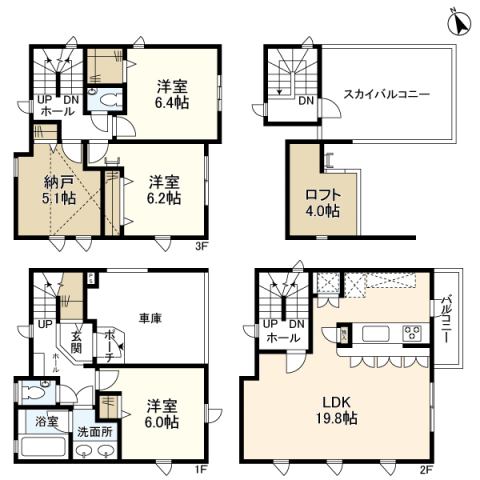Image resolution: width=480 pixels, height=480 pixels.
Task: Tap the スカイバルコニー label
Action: [x=386, y=94]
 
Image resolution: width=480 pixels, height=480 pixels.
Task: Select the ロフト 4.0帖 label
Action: [x=323, y=203]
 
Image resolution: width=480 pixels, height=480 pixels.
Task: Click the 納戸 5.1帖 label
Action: [x=59, y=190]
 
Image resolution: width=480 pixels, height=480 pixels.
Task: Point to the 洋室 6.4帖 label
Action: [x=172, y=94]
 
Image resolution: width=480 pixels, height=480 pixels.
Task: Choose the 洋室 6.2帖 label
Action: [x=164, y=190]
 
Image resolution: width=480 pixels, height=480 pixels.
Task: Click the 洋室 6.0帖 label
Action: [x=162, y=414]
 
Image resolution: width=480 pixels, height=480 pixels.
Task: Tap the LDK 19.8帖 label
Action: [x=336, y=410]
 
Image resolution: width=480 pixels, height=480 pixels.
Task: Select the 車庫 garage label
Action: [x=150, y=318]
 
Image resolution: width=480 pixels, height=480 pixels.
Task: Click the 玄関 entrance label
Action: [x=76, y=343]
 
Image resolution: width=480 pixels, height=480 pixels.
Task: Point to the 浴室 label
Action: [x=47, y=422]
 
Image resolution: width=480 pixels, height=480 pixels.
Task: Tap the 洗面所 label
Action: [x=95, y=432]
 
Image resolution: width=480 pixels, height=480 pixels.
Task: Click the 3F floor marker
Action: [x=201, y=247]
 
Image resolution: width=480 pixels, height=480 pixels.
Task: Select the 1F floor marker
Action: [x=201, y=470]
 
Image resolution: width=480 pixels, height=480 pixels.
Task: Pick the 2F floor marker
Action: [x=426, y=470]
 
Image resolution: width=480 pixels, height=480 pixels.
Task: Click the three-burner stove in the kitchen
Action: [x=412, y=332]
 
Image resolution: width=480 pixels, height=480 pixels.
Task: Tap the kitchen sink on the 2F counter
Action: [x=376, y=334]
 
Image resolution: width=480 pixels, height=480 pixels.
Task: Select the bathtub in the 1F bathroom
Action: [x=43, y=447]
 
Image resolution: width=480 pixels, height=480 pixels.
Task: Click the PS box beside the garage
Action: [x=91, y=279]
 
